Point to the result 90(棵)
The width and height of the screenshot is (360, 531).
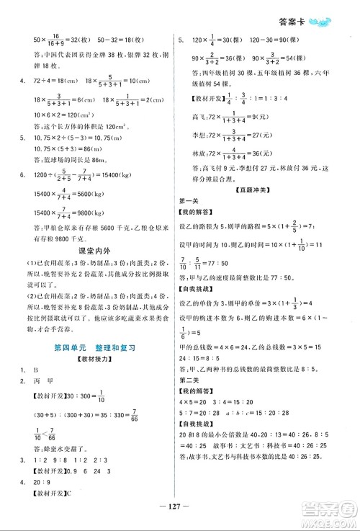299,43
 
